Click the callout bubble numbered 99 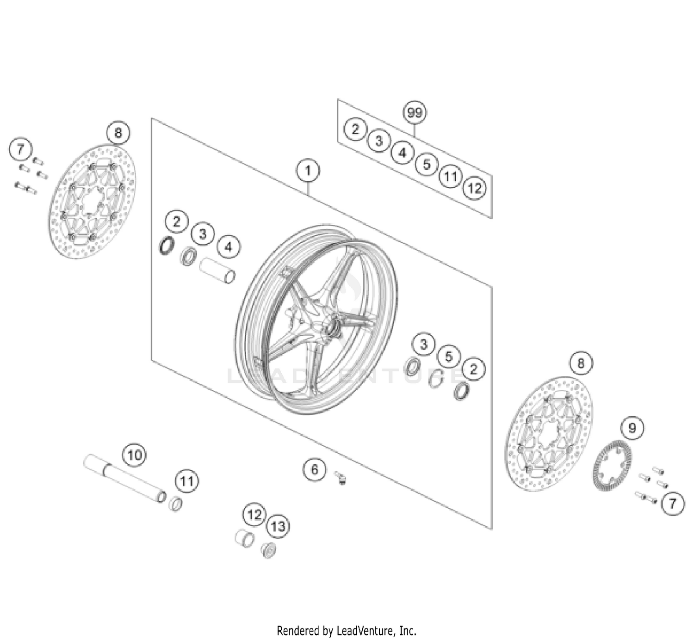pos(415,112)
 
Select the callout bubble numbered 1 pos(308,171)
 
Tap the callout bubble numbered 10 pos(134,455)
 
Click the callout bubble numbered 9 pos(632,428)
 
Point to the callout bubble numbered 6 pos(315,470)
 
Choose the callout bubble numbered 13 pos(278,526)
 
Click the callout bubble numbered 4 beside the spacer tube pos(228,247)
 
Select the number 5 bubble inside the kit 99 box pos(426,164)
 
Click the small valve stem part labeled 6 pos(341,478)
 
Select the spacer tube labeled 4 pos(217,271)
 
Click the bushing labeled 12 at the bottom pos(244,538)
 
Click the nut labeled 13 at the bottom pos(268,550)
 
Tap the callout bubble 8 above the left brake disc pos(118,133)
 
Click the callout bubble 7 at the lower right pos(673,503)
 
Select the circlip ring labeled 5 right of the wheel pos(435,379)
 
